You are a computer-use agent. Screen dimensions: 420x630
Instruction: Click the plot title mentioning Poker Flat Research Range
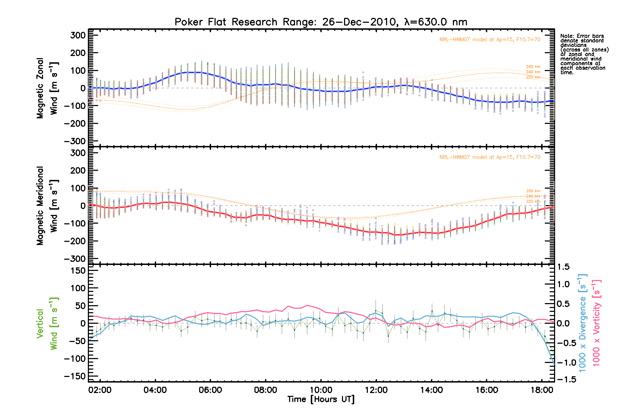click(x=321, y=22)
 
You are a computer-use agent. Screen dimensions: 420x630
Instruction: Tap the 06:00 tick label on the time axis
click(x=210, y=390)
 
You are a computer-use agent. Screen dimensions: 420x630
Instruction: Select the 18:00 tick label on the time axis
click(x=542, y=390)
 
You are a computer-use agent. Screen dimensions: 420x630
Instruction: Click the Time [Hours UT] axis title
click(x=321, y=399)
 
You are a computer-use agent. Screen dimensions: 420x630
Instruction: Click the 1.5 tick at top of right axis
click(x=563, y=267)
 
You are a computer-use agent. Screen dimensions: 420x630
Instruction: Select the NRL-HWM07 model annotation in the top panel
click(x=490, y=40)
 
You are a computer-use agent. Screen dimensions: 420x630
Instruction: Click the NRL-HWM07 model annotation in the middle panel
click(x=490, y=157)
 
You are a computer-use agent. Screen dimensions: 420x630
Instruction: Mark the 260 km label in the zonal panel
click(x=533, y=66)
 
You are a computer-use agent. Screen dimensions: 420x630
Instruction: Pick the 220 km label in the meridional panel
click(x=533, y=201)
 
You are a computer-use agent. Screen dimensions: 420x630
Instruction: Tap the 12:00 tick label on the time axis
click(x=376, y=390)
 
